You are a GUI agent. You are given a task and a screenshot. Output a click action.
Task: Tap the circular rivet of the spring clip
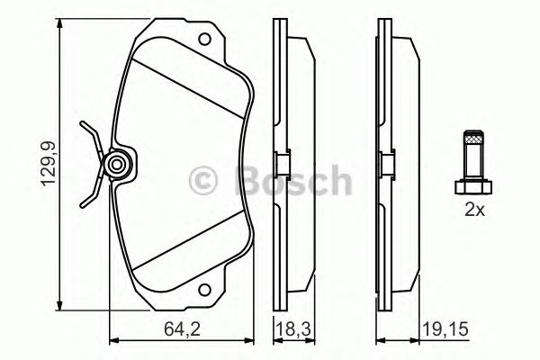point(115,165)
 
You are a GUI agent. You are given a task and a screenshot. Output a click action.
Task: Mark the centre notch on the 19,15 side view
point(383,164)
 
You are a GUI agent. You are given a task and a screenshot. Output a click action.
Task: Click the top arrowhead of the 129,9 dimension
point(60,30)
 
